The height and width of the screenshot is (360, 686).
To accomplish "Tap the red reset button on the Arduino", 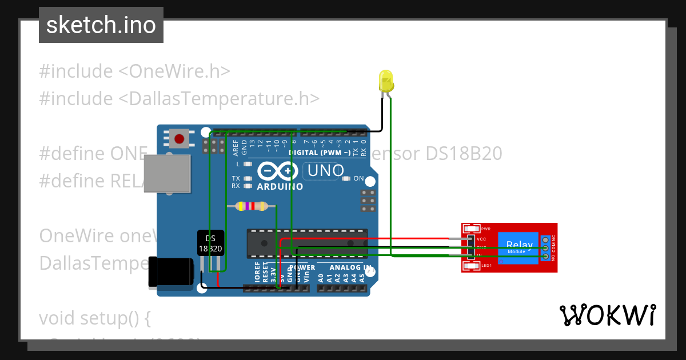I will tap(180, 139).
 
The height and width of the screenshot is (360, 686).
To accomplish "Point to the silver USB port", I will tap(166, 174).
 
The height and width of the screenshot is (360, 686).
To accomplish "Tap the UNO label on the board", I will tap(325, 170).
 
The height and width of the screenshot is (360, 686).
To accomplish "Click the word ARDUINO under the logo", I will tap(280, 186).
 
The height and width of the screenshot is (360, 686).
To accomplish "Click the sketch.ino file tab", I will tap(101, 25).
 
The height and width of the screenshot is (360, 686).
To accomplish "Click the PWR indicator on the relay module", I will tap(472, 228).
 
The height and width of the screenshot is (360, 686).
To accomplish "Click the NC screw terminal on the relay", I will tap(545, 239).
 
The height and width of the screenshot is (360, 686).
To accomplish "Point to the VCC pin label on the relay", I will tap(481, 239).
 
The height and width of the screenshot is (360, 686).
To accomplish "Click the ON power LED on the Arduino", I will tap(346, 178).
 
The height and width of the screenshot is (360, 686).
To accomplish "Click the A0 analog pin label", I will tap(321, 278).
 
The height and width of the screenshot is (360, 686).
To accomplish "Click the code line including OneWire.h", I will tap(135, 71).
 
